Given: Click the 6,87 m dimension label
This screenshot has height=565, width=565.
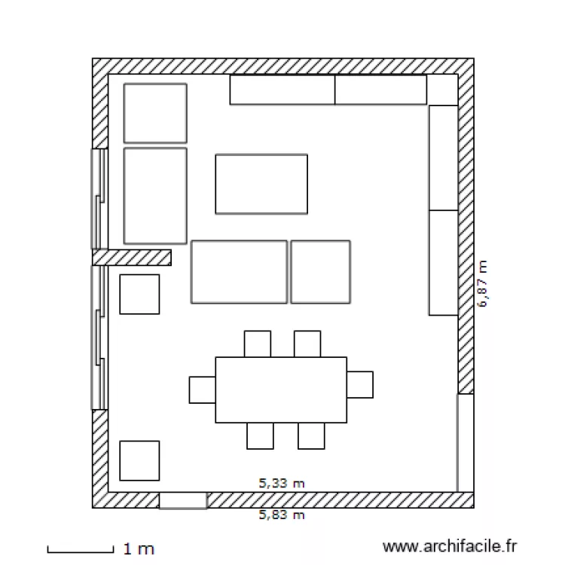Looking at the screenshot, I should [483, 285].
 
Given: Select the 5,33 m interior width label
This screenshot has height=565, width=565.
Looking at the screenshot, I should [282, 484].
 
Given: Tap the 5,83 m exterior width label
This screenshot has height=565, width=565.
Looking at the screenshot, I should [282, 515].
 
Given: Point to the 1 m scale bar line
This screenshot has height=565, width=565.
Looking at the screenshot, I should [80, 550].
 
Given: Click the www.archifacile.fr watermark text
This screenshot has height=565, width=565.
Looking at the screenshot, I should [450, 545].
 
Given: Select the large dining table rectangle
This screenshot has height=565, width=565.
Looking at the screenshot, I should [281, 389].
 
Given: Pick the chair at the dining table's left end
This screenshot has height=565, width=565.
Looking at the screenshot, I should [202, 389].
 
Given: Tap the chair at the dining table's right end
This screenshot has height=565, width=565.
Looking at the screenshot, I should [360, 384].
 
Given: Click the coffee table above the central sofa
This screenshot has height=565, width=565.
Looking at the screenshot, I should [261, 184].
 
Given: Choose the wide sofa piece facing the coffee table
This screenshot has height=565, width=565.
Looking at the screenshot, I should [239, 272].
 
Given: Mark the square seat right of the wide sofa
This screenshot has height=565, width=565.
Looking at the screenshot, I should [320, 272].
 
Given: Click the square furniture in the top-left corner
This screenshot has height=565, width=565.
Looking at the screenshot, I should [155, 113].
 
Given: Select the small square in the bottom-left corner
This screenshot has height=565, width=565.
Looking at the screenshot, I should [139, 460].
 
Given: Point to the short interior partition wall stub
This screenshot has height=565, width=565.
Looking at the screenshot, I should [132, 258].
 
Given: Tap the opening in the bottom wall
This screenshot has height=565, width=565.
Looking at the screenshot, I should [183, 500].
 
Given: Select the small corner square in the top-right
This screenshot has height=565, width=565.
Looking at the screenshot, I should [442, 90].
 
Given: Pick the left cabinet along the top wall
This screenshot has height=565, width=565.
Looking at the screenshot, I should [282, 90].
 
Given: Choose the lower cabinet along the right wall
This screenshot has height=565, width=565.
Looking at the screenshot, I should [443, 262].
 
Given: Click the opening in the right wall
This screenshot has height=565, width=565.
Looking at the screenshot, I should [466, 442].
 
